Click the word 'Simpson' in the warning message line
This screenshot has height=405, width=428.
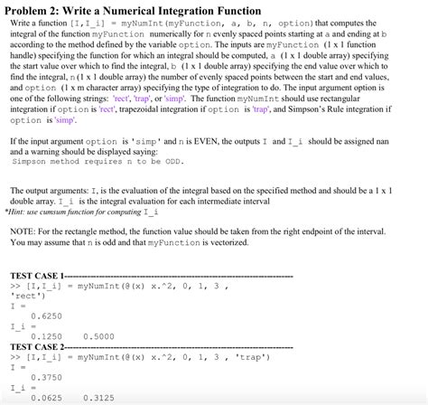tap(32, 164)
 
